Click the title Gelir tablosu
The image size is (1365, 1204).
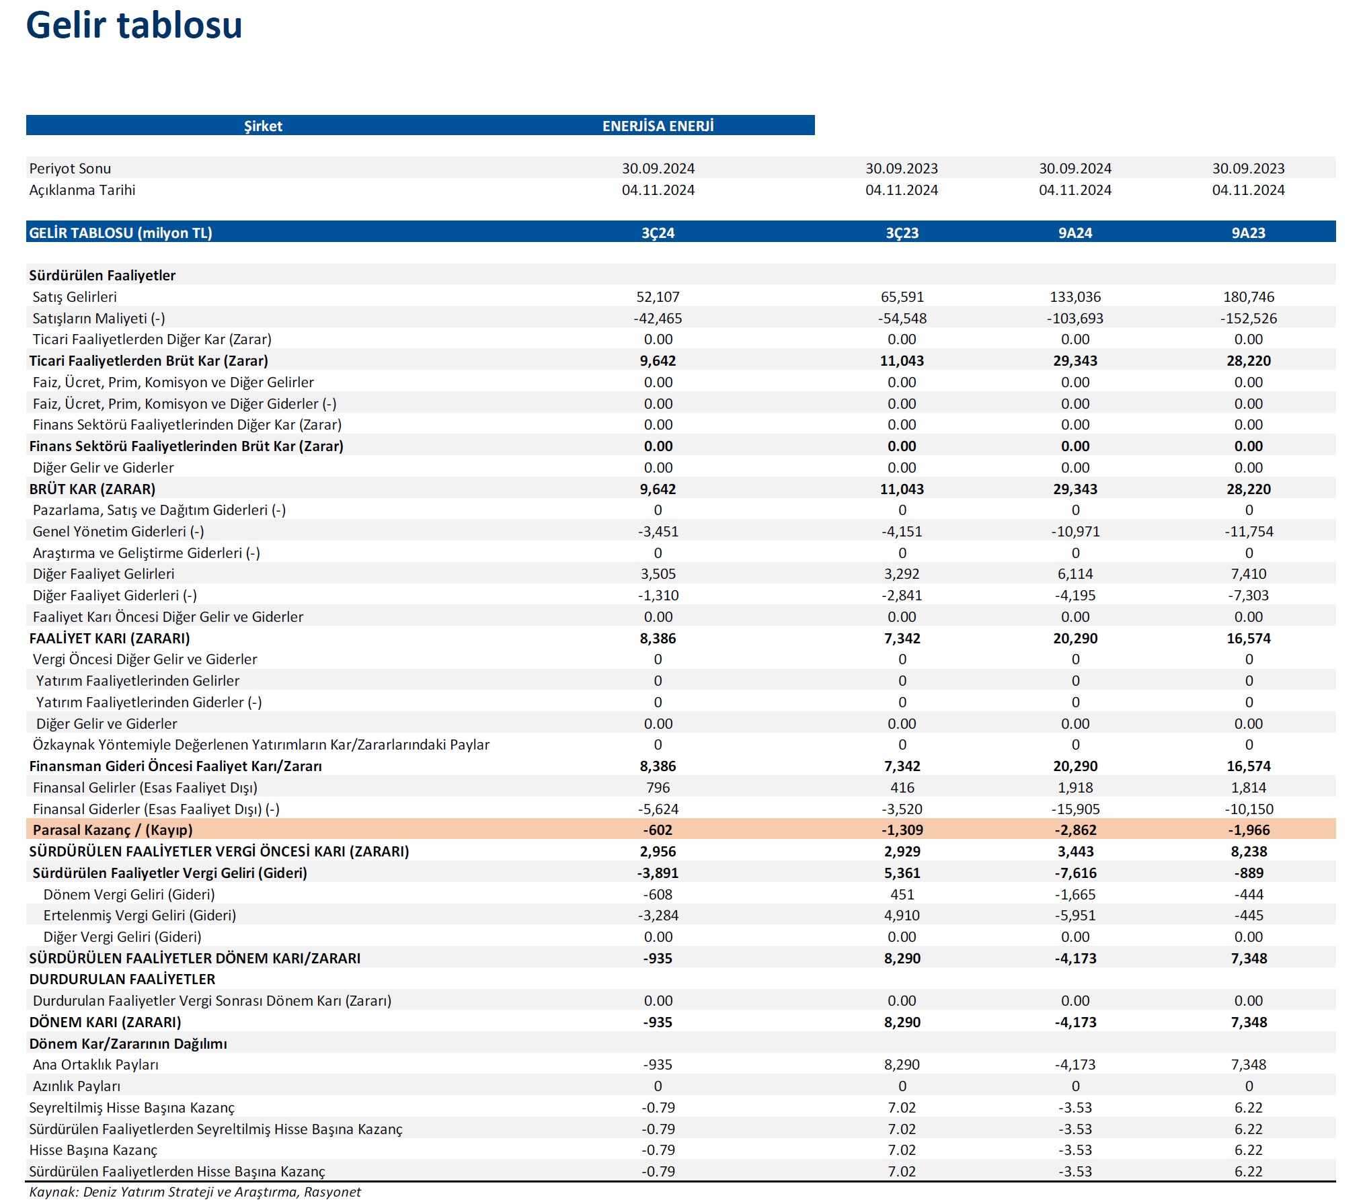click(x=134, y=26)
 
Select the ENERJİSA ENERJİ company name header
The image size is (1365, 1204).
click(x=658, y=126)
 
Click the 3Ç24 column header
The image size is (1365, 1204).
click(x=658, y=233)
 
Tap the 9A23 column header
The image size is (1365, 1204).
click(x=1248, y=233)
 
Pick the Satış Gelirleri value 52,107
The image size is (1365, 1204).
click(x=658, y=296)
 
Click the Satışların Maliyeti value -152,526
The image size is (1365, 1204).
click(x=1248, y=318)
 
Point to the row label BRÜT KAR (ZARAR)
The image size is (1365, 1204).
click(x=92, y=489)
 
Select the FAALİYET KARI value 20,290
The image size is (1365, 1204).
click(x=1075, y=638)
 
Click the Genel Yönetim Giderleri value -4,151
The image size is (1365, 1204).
click(x=902, y=531)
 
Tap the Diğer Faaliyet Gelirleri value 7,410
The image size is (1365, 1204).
click(x=1248, y=573)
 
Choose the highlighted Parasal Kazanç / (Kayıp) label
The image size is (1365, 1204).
click(x=112, y=830)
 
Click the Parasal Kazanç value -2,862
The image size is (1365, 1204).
click(x=1075, y=830)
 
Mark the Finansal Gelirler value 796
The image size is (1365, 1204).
click(x=658, y=787)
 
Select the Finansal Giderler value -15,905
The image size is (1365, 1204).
click(x=1075, y=809)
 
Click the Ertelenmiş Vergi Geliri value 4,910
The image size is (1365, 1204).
click(x=902, y=915)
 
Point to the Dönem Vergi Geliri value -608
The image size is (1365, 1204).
click(x=658, y=894)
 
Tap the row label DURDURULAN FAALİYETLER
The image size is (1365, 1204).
click(x=122, y=979)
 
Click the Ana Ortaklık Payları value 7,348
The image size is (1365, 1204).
click(x=1248, y=1064)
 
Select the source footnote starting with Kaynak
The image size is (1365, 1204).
click(x=195, y=1192)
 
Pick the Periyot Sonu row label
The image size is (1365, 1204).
click(x=70, y=168)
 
